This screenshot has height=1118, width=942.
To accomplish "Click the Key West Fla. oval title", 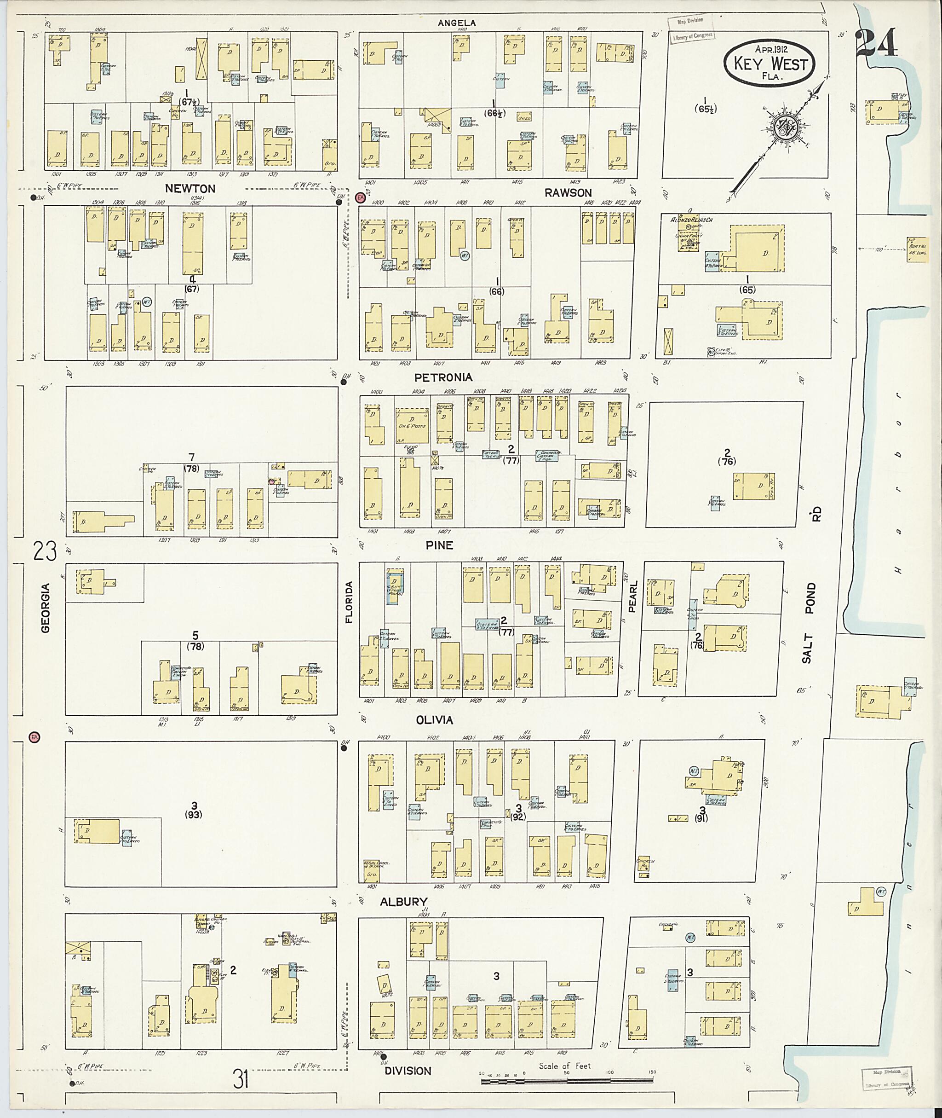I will point(769,64).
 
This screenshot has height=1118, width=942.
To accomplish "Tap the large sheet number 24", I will point(876,43).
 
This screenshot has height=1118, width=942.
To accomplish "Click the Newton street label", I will point(190,189).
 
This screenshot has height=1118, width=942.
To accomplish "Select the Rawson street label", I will point(568,193).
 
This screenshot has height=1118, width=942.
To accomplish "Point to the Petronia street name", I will point(443,377).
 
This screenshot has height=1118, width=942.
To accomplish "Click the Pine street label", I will point(440,545).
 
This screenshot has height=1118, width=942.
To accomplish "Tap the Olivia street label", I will point(435,720).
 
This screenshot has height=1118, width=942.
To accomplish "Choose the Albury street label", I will point(404,902).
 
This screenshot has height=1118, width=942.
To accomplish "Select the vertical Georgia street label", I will point(46,608).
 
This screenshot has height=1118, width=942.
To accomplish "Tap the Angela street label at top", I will point(457,23).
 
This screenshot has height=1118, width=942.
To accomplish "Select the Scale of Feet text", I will point(564,1066).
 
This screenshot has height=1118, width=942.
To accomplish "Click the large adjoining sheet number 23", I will point(45,551).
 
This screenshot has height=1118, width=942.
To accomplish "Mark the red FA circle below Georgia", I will point(34,737).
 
